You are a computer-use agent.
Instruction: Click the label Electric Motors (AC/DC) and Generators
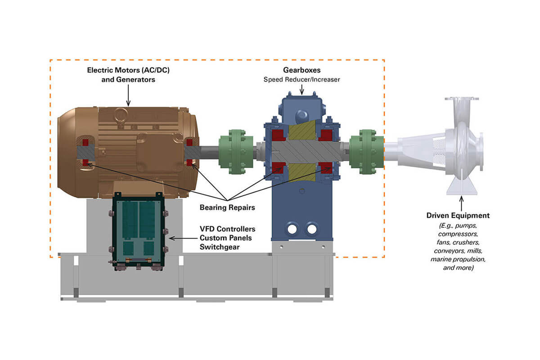click(128, 75)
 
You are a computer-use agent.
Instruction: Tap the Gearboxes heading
click(301, 71)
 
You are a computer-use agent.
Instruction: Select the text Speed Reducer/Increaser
click(301, 79)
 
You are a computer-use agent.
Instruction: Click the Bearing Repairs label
click(227, 207)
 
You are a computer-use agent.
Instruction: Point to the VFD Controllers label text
click(227, 229)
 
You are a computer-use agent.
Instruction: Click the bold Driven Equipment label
click(458, 216)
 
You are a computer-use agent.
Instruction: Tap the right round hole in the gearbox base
click(311, 229)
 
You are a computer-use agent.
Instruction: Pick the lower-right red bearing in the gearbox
click(326, 167)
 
